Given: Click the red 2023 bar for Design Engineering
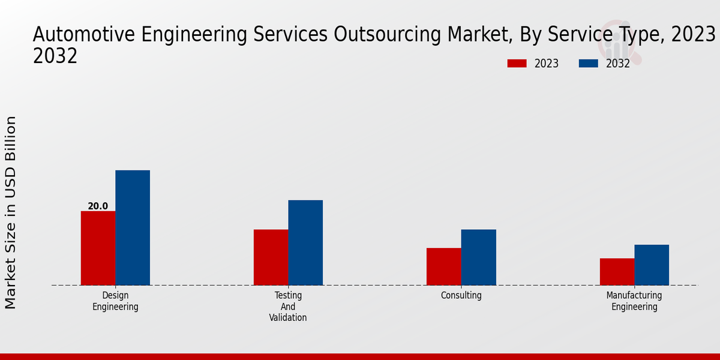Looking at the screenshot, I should pyautogui.click(x=98, y=248).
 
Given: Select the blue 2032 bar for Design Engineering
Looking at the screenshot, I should pyautogui.click(x=133, y=227).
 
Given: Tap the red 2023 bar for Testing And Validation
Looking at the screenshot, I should pyautogui.click(x=271, y=257).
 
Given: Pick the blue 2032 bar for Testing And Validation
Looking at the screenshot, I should pyautogui.click(x=305, y=242).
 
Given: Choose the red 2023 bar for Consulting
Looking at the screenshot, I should pyautogui.click(x=444, y=266).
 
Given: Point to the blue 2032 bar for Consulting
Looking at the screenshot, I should pyautogui.click(x=479, y=257).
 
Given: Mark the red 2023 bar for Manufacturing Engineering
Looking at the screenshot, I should pyautogui.click(x=617, y=271).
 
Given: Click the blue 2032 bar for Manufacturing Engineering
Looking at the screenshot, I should pyautogui.click(x=652, y=265).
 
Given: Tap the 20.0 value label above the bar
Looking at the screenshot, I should pyautogui.click(x=98, y=206).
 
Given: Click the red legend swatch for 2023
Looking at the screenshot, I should pyautogui.click(x=517, y=64).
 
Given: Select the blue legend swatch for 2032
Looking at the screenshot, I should pyautogui.click(x=589, y=64).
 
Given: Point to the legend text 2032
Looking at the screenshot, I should pyautogui.click(x=618, y=64).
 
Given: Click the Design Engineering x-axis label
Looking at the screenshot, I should pyautogui.click(x=115, y=301).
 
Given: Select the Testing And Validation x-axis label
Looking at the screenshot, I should pyautogui.click(x=288, y=307).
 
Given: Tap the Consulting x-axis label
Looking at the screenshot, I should pyautogui.click(x=461, y=295).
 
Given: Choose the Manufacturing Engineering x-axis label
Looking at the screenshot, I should pyautogui.click(x=634, y=301).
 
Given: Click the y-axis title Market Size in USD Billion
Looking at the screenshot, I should pyautogui.click(x=11, y=213).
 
